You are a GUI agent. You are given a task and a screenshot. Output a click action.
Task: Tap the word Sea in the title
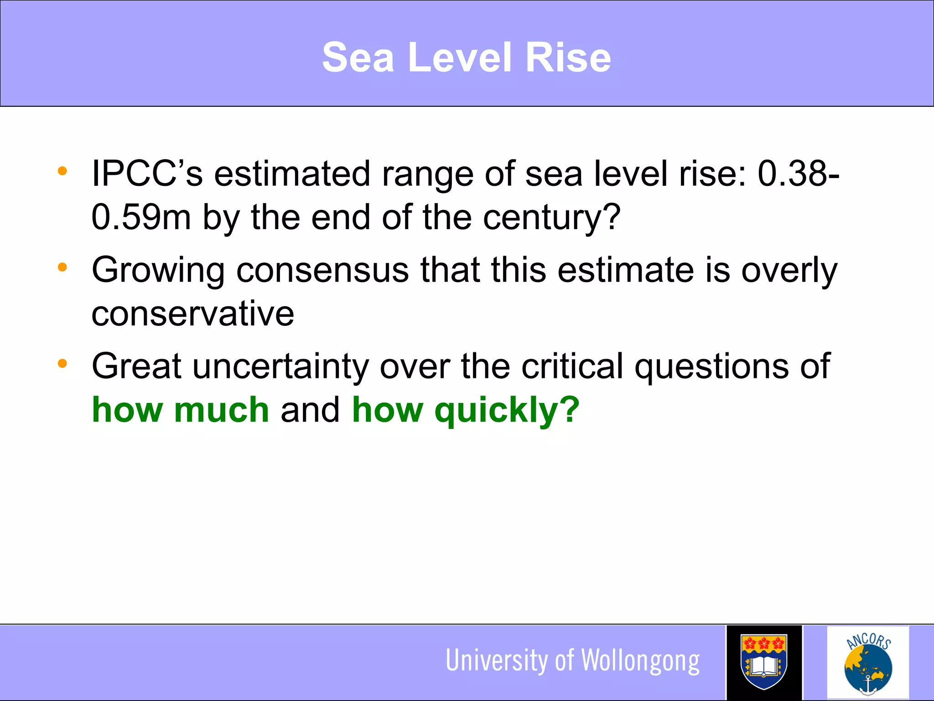[x=358, y=58]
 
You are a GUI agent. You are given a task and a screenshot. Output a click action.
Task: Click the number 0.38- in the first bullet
[x=798, y=174]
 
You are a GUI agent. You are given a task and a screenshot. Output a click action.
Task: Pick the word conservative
[x=193, y=314]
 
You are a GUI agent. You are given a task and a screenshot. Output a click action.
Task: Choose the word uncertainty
[x=280, y=366]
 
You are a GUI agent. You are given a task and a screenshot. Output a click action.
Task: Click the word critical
[x=572, y=366]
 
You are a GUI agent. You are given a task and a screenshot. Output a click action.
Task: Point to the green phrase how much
[x=181, y=410]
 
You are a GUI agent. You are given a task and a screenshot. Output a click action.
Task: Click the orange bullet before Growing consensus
[x=62, y=267]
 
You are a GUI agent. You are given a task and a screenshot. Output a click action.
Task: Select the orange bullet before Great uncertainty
[x=62, y=364]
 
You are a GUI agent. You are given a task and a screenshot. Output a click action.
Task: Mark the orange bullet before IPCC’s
[x=62, y=172]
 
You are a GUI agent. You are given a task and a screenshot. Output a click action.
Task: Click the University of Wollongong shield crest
[x=764, y=662]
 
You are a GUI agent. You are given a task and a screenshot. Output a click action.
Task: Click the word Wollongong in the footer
[x=641, y=661]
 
